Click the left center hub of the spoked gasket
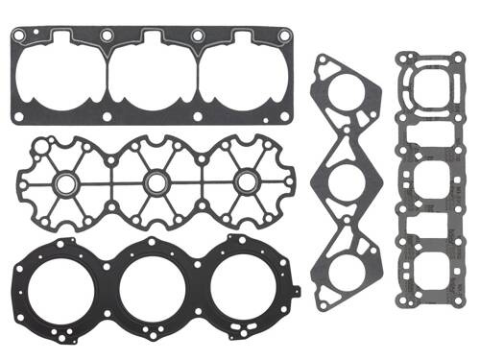click(x=69, y=181)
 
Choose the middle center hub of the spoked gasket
click(x=155, y=181)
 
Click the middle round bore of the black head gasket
click(x=155, y=281)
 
